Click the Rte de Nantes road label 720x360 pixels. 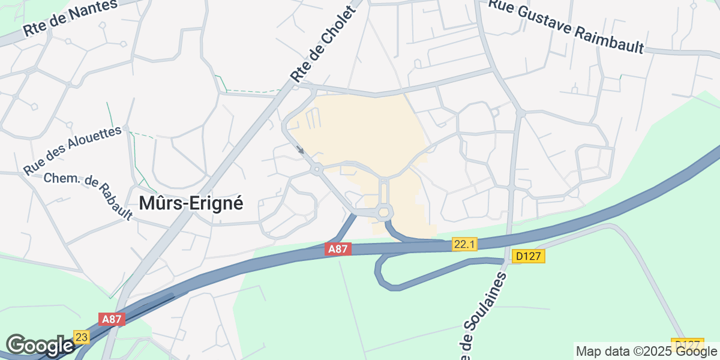tap(70, 17)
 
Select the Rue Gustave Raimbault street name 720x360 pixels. tap(566, 26)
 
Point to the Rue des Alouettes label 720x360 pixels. tap(73, 151)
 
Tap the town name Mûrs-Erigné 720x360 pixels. tap(191, 203)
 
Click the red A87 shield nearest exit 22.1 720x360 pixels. tap(338, 248)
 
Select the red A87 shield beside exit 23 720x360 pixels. tap(112, 319)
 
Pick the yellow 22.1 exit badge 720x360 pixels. tap(465, 244)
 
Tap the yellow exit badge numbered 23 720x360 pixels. tap(82, 337)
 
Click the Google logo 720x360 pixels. tap(40, 346)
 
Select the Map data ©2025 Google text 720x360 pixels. tap(646, 351)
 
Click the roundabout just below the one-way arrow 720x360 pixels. tap(316, 170)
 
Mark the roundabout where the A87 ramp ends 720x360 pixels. tap(383, 212)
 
